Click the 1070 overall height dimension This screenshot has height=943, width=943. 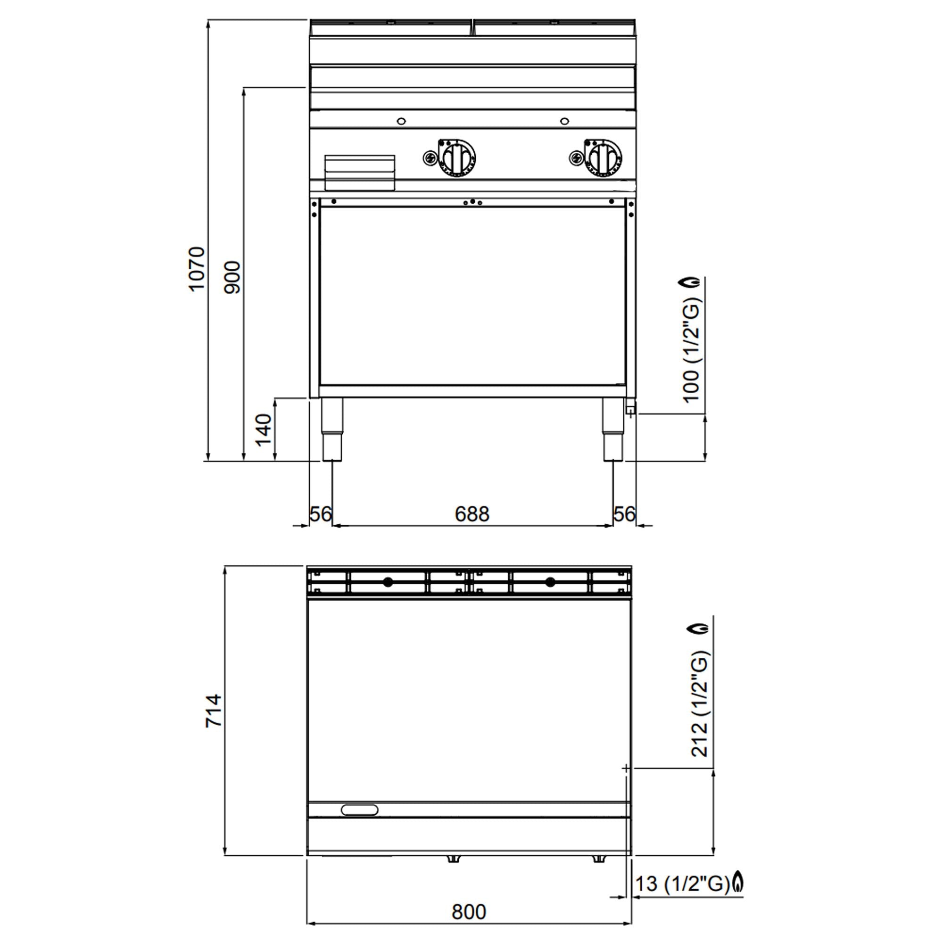pos(197,269)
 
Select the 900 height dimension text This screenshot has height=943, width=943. pos(232,277)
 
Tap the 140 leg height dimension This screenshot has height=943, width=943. pos(264,430)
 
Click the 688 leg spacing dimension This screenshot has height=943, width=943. pos(471,514)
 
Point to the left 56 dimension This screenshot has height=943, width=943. pos(321,514)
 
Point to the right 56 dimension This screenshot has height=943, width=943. pos(624,514)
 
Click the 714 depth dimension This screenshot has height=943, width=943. pos(213,711)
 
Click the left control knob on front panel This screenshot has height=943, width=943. pos(458,158)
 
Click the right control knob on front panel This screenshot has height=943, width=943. pos(604,157)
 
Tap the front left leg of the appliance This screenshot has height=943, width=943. pos(332,430)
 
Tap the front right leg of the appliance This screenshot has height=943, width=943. pos(613,430)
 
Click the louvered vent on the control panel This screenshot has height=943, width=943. pos(360,172)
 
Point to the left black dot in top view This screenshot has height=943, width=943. pos(388,582)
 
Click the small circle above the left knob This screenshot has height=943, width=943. pos(401,121)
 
